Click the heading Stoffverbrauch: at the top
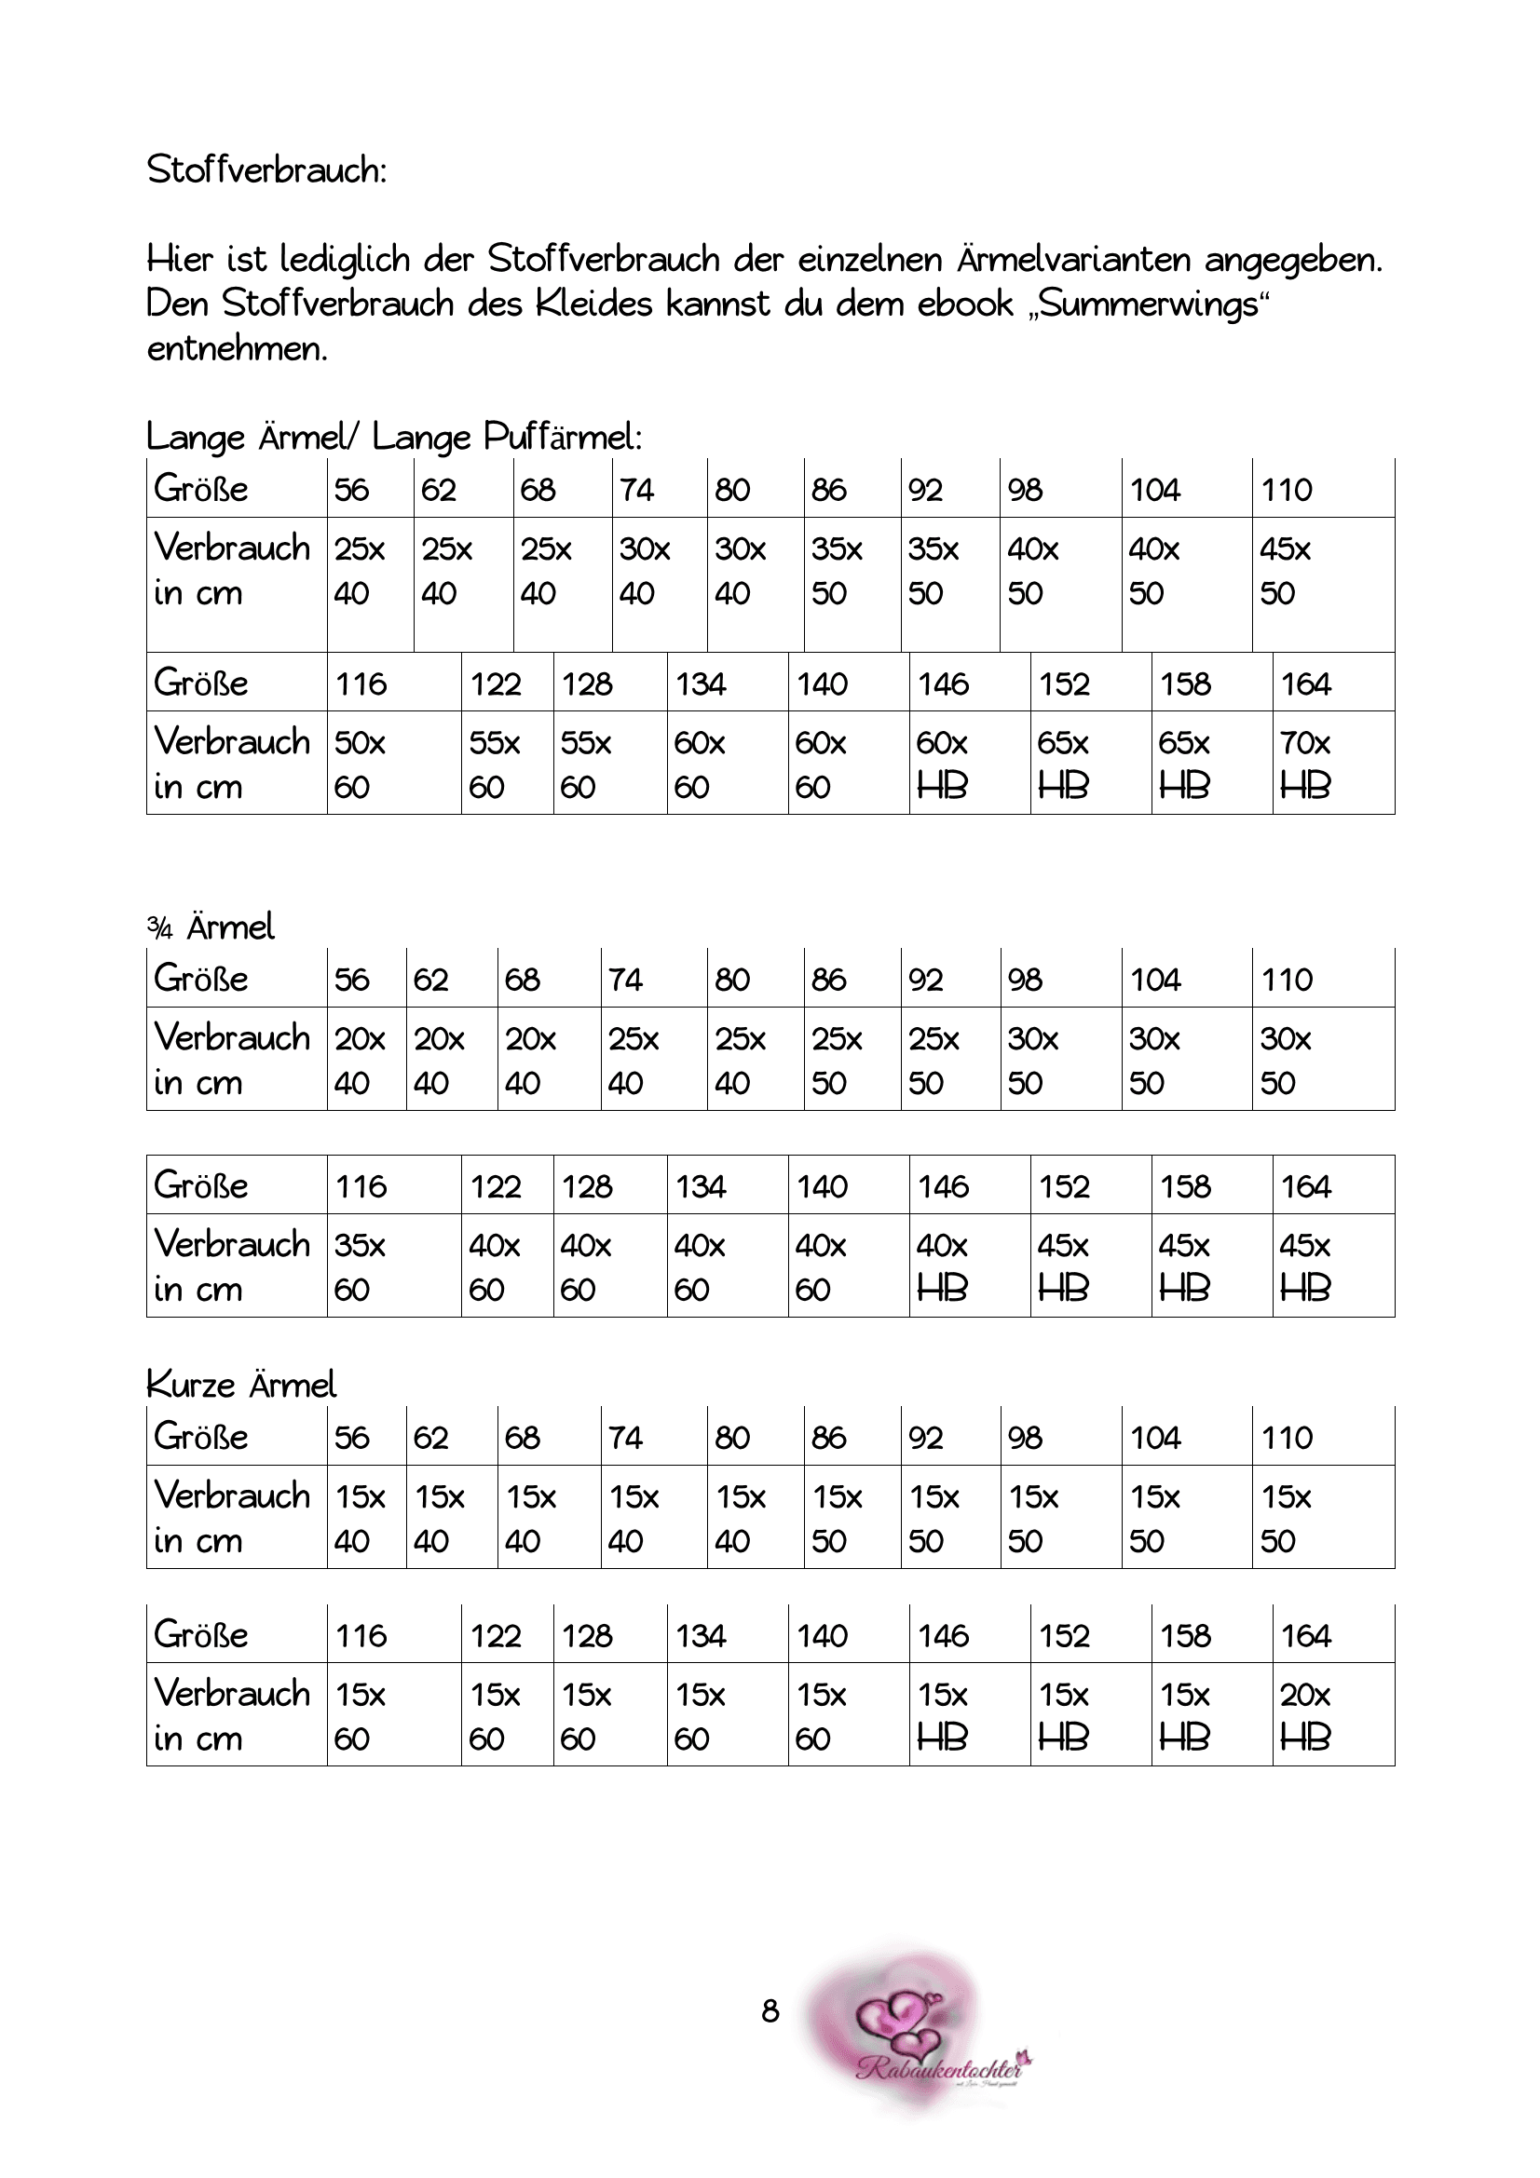pyautogui.click(x=266, y=170)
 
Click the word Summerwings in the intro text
pyautogui.click(x=1149, y=304)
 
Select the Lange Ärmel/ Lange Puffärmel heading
pyautogui.click(x=394, y=438)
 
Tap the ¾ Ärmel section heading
pyautogui.click(x=211, y=927)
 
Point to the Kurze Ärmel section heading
pyautogui.click(x=241, y=1385)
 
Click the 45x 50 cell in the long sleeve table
pyautogui.click(x=1285, y=571)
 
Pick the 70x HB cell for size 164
pyautogui.click(x=1305, y=764)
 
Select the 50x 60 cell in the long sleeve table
pyautogui.click(x=360, y=764)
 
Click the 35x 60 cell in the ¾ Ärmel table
pyautogui.click(x=360, y=1267)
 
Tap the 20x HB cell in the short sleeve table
pyautogui.click(x=1305, y=1717)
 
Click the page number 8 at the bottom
pyautogui.click(x=770, y=2011)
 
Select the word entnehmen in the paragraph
pyautogui.click(x=237, y=349)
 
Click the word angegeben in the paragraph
pyautogui.click(x=1292, y=259)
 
